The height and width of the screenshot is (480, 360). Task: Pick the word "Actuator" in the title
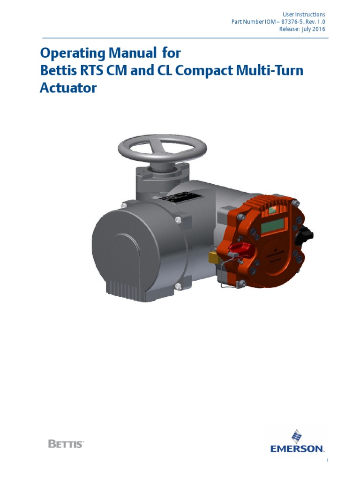(67, 88)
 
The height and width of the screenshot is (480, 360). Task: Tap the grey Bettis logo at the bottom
(66, 443)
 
